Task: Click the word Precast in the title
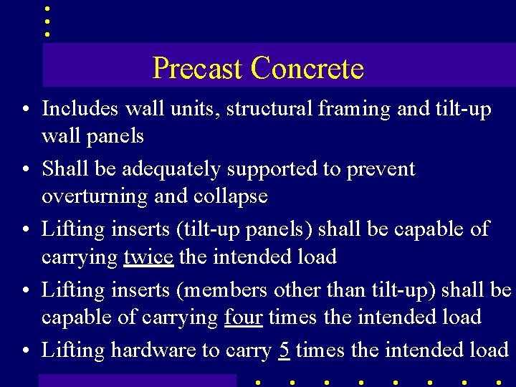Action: click(199, 69)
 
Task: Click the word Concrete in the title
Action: click(307, 69)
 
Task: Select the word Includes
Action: click(81, 109)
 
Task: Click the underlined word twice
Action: click(148, 257)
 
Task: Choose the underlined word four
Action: click(243, 317)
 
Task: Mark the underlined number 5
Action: click(284, 350)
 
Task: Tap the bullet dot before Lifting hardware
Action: click(25, 351)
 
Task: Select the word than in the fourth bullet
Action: click(370, 290)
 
